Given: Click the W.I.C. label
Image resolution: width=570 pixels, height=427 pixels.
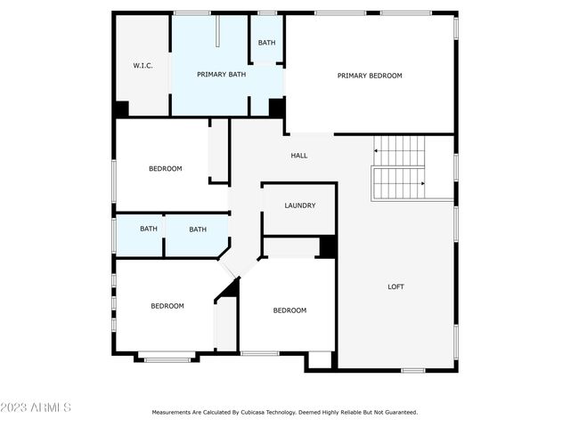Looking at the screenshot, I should click(x=143, y=65).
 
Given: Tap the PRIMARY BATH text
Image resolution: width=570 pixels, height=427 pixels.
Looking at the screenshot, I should click(x=221, y=75).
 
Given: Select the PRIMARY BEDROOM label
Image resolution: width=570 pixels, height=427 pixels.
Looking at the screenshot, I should click(x=369, y=76).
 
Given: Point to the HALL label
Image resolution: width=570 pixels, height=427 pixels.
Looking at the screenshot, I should click(x=299, y=156).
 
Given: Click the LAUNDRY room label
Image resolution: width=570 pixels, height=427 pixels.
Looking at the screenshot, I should click(x=300, y=205).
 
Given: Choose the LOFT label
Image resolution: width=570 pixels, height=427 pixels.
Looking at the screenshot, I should click(x=395, y=286).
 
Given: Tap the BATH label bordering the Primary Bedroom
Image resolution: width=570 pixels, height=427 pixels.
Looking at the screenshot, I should click(x=266, y=43).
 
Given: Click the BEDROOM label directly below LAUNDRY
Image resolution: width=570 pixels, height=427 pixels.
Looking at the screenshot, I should click(x=289, y=310).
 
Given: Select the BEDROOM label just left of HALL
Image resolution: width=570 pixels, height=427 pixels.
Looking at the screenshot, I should click(x=165, y=169).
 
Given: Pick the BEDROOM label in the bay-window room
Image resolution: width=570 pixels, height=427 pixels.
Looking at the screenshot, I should click(x=167, y=306).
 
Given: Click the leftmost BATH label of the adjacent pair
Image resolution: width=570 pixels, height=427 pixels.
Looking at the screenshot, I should click(x=149, y=230).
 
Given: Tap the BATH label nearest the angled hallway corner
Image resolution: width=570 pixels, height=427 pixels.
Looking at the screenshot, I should click(x=198, y=230).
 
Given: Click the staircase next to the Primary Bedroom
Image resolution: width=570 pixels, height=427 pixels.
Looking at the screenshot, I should click(x=400, y=167).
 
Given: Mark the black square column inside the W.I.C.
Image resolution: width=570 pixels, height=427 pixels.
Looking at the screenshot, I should click(x=121, y=109).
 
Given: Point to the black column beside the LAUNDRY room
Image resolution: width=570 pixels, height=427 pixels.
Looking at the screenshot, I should click(x=327, y=246).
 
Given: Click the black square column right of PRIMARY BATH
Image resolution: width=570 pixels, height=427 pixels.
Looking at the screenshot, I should click(x=276, y=108).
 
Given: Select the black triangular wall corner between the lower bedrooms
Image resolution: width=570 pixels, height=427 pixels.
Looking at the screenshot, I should click(x=232, y=287).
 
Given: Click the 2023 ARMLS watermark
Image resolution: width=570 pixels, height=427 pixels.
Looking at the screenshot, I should click(x=36, y=407).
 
